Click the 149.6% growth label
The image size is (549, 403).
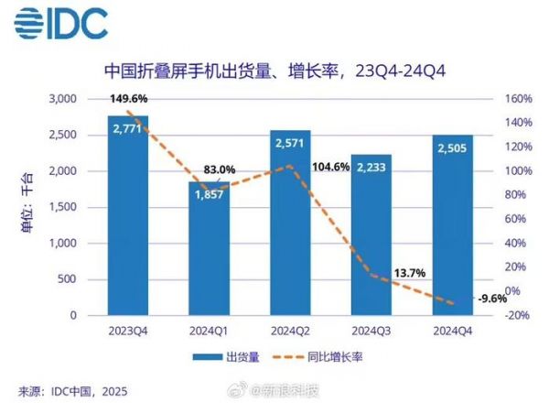[x=129, y=100]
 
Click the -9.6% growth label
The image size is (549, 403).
[x=487, y=298]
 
